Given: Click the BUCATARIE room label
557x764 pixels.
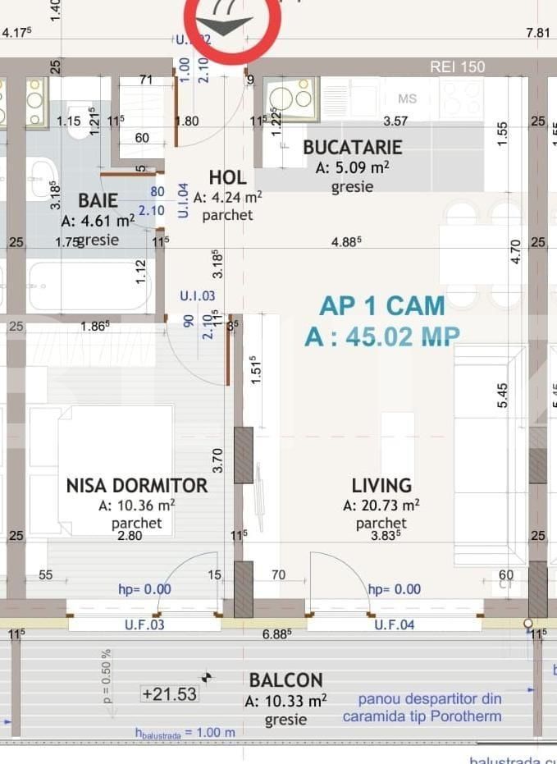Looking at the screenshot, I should tap(352, 148).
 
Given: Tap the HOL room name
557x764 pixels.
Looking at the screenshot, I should tap(227, 178).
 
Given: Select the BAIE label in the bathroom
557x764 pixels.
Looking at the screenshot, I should tap(98, 201).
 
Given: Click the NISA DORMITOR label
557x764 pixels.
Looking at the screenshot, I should tap(136, 486).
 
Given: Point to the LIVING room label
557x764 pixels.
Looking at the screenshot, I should tap(381, 486).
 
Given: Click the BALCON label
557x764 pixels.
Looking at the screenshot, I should tap(285, 680).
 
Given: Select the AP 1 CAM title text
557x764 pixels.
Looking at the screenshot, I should tap(381, 306).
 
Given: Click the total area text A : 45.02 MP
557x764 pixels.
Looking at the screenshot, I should tap(381, 336).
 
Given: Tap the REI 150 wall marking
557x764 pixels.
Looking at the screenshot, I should tap(458, 67).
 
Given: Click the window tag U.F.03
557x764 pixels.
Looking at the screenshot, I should tap(144, 625).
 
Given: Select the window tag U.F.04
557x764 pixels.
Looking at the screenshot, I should tap(395, 625).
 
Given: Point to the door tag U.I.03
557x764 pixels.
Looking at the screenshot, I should tap(197, 296).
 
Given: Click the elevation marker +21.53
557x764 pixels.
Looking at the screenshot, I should tap(169, 694).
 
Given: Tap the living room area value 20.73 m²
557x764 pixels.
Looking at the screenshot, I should tap(381, 506).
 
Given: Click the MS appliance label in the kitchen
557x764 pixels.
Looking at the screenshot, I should tap(407, 98).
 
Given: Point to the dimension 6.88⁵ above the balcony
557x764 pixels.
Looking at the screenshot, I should tap(278, 634).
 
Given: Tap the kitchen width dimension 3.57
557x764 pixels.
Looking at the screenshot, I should tap(395, 121).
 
